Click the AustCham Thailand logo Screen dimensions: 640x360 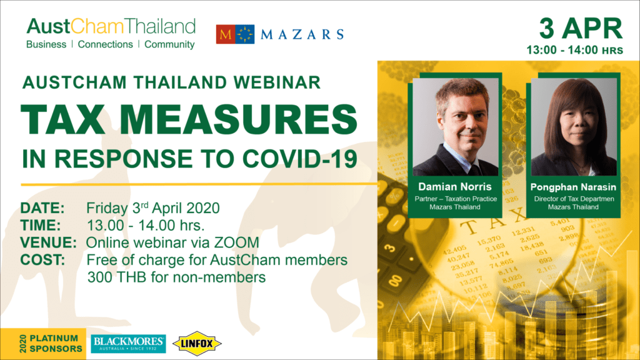111,34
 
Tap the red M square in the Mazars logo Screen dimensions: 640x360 226,34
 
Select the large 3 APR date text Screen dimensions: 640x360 581,29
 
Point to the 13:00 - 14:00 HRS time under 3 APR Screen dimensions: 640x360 575,50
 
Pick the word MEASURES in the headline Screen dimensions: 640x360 239,119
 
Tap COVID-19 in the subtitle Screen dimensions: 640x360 300,159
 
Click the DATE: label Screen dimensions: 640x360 42,208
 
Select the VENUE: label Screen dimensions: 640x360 49,242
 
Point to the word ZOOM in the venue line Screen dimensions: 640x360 237,242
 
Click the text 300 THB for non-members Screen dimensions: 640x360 176,277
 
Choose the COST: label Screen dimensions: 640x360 43,260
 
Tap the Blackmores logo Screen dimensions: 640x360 128,344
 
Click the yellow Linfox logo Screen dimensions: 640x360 197,344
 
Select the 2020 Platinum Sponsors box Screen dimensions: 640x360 43,344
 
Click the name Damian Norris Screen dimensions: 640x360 455,187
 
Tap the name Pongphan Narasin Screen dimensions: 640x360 573,187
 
